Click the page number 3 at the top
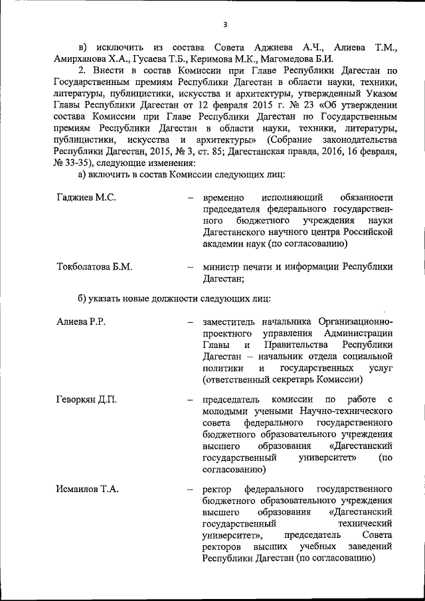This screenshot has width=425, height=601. coord(225,25)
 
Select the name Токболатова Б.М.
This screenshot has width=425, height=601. coord(95,267)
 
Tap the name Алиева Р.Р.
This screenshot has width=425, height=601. coord(82,322)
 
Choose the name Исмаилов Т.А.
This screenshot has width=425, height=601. coord(87,489)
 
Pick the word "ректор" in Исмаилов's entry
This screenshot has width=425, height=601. coord(215,489)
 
